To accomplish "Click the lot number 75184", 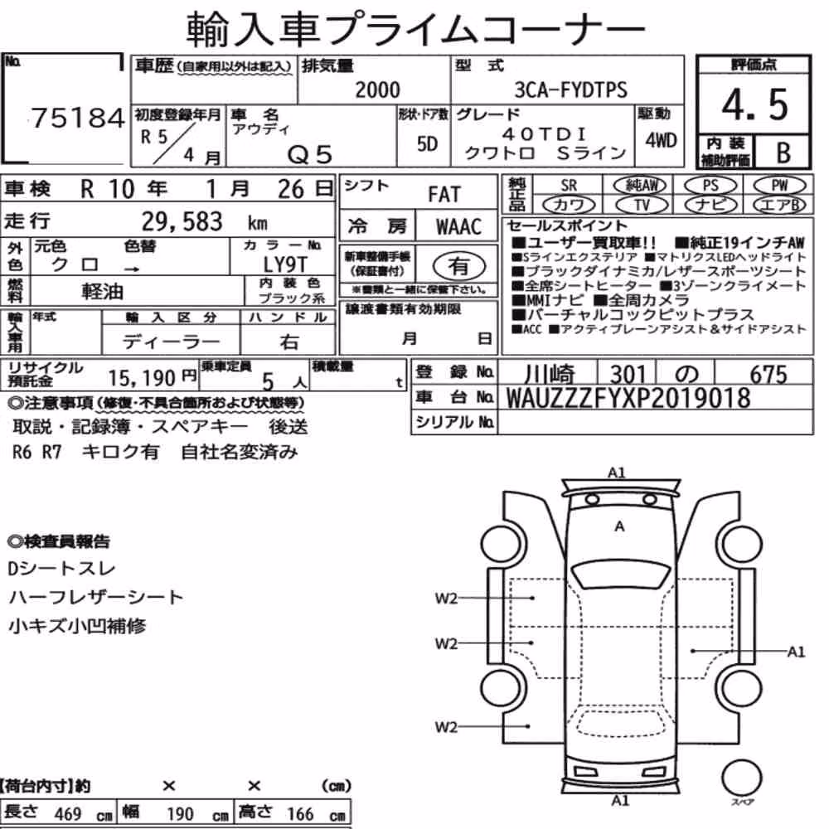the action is pos(78,118).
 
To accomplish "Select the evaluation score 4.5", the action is pos(754,104).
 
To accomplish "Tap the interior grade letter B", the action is pos(783,153).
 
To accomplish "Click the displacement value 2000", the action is pos(377,90).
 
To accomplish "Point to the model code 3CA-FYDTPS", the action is pos(571,90).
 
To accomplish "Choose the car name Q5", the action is pos(310,155).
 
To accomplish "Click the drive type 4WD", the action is pos(661,140).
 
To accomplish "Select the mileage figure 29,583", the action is pos(182,221).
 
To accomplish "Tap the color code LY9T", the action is pos(285,264).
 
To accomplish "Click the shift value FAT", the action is pos(444,195).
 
